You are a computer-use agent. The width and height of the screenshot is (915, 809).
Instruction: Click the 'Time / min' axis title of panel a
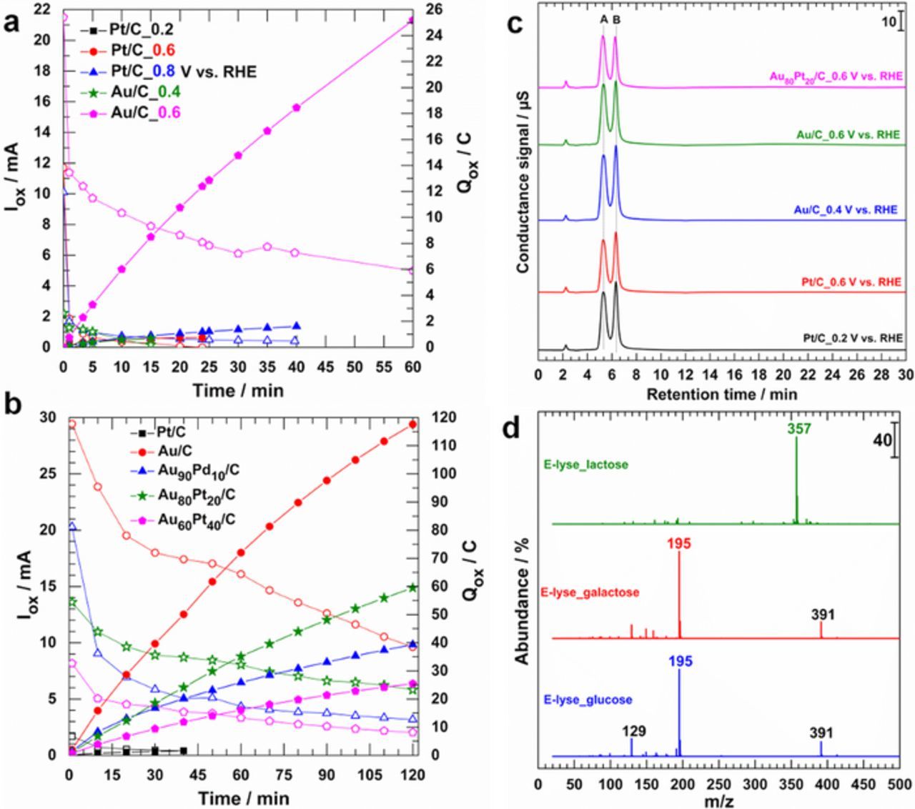237,390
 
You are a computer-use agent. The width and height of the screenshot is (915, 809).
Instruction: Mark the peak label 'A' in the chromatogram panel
604,20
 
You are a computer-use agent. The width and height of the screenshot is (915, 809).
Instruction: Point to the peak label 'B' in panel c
616,20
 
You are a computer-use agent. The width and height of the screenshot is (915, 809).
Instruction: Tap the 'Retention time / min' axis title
721,393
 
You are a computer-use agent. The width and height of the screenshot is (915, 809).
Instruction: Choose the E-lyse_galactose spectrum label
595,592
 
